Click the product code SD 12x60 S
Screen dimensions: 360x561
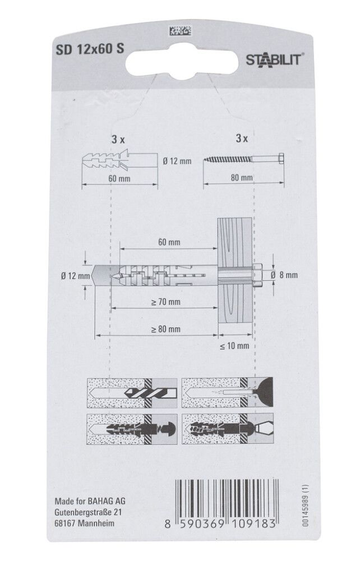tap(90, 49)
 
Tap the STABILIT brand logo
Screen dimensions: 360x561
tap(274, 60)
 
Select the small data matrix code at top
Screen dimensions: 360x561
tap(180, 31)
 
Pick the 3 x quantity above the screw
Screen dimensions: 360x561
tap(242, 138)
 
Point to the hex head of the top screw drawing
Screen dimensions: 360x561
tap(281, 158)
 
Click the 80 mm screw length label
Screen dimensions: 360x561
tap(242, 177)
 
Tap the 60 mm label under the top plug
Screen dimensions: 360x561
tap(119, 178)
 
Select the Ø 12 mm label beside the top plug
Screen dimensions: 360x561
tap(177, 161)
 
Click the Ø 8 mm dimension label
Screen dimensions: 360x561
tap(284, 275)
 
